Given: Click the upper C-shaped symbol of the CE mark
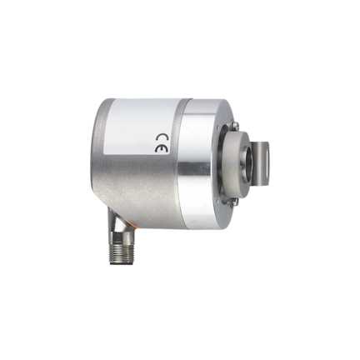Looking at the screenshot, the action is (x=162, y=138).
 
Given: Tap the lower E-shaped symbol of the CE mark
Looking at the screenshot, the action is (x=162, y=149).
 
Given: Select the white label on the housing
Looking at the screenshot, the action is (x=140, y=127).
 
